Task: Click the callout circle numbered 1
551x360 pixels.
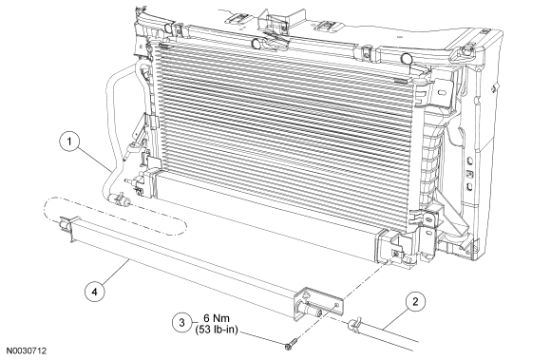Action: pyautogui.click(x=69, y=142)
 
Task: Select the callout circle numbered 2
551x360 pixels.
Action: pyautogui.click(x=415, y=302)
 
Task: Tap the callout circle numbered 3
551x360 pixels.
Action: pyautogui.click(x=182, y=322)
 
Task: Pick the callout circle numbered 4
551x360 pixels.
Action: pyautogui.click(x=95, y=292)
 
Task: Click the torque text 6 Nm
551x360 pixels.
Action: pyautogui.click(x=217, y=318)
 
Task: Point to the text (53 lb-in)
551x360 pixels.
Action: pyautogui.click(x=217, y=330)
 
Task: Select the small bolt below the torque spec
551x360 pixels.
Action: pyautogui.click(x=292, y=344)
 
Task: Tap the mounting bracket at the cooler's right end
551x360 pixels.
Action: pyautogui.click(x=318, y=304)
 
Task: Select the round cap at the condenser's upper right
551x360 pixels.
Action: pyautogui.click(x=408, y=59)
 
